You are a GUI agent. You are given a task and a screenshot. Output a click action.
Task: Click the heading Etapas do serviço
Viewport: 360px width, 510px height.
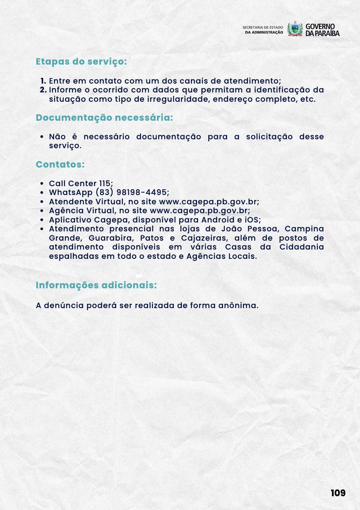click(x=81, y=62)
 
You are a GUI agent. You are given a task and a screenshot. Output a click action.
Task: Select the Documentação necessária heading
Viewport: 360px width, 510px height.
click(x=104, y=118)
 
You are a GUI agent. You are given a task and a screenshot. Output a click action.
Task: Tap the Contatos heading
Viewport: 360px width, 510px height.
click(x=60, y=165)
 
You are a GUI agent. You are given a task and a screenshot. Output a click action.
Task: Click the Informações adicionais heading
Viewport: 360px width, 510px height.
click(x=96, y=285)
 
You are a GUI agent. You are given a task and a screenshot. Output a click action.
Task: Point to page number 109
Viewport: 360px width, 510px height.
click(x=338, y=493)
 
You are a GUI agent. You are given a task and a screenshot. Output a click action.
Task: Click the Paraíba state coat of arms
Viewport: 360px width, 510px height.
click(x=295, y=29)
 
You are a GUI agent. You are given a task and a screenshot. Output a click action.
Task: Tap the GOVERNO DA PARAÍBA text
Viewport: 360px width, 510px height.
click(x=322, y=29)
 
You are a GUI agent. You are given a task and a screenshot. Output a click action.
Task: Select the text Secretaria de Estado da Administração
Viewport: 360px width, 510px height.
click(x=263, y=29)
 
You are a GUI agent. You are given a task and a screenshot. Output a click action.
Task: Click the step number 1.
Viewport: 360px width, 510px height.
click(x=44, y=81)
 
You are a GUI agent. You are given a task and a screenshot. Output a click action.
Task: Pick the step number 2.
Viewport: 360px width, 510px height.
click(x=44, y=90)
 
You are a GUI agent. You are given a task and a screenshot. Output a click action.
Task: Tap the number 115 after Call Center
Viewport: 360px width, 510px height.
click(x=106, y=183)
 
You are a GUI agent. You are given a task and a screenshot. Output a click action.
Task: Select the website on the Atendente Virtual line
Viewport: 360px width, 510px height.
click(x=209, y=201)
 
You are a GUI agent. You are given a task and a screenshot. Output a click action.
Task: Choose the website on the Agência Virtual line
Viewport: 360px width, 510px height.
click(x=199, y=211)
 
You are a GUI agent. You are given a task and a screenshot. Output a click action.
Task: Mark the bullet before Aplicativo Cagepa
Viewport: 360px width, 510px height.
click(x=42, y=220)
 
